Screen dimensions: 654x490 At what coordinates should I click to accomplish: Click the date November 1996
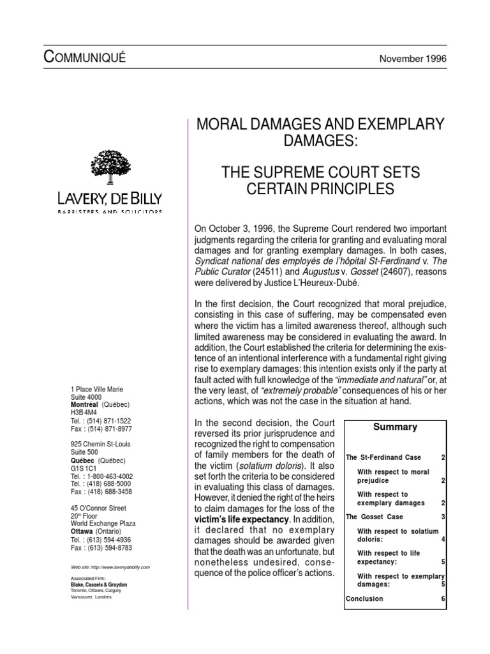tap(413, 58)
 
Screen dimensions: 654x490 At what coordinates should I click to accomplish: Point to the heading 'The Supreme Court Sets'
tap(321, 173)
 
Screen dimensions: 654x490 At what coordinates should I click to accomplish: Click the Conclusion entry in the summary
tap(364, 598)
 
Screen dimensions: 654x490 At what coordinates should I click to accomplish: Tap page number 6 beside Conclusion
tap(443, 598)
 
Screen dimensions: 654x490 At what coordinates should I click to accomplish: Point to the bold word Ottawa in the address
tap(82, 531)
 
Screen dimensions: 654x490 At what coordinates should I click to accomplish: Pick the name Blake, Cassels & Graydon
tap(100, 584)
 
